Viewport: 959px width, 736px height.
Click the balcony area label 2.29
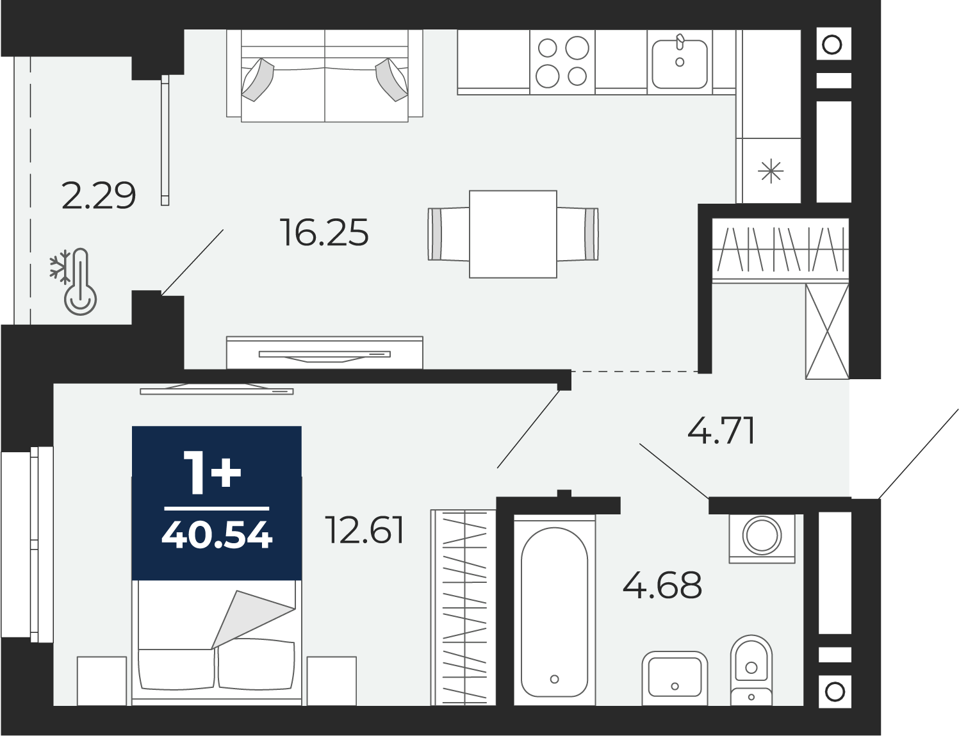coord(99,196)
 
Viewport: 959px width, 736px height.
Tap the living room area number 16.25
coord(324,233)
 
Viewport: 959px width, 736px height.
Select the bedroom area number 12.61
coord(364,530)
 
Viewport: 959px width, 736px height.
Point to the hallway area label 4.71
coord(721,430)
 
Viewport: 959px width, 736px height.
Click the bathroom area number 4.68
coord(662,585)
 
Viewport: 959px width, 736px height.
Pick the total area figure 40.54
coord(217,536)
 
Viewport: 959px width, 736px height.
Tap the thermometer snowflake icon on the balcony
coord(73,281)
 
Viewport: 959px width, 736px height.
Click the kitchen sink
coord(680,63)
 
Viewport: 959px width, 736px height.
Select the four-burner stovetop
coord(562,61)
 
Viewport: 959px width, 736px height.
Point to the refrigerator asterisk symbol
coord(771,171)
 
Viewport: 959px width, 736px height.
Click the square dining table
coord(513,234)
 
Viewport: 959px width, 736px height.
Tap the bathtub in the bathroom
coord(555,612)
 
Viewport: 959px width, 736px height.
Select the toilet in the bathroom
coord(751,670)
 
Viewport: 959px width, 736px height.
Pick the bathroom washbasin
coord(675,678)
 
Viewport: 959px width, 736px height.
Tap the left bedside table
coord(102,681)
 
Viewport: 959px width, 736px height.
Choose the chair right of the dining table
coord(577,234)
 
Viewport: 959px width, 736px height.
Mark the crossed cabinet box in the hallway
coord(827,331)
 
